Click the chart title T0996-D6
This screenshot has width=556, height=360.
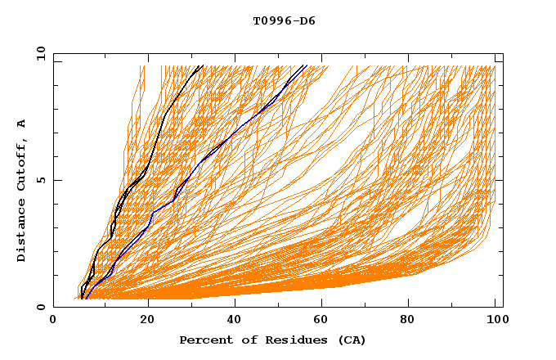[284, 20]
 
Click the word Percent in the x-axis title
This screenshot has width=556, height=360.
[203, 340]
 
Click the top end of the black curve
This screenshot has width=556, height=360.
[203, 65]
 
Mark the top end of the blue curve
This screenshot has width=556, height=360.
[305, 65]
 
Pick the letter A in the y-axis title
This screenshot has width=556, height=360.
[21, 123]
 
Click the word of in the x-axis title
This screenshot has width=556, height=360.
[243, 340]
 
